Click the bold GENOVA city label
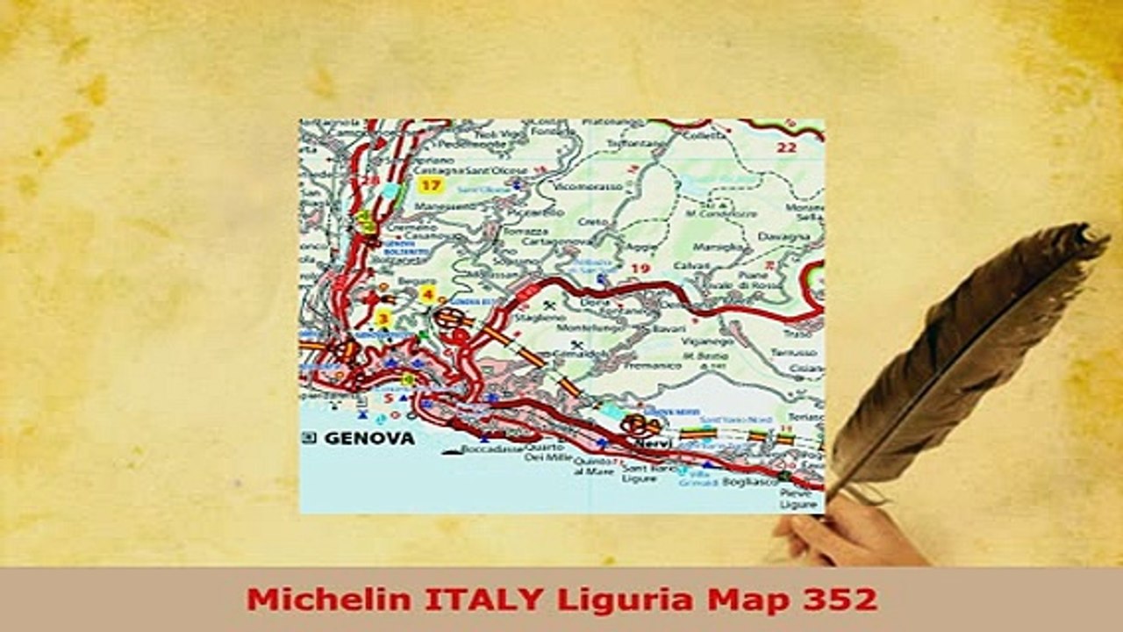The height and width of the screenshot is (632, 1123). click(x=369, y=437)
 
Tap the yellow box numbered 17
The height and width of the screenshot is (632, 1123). click(x=429, y=184)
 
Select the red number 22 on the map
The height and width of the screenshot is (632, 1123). click(x=786, y=147)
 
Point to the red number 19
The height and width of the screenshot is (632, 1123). click(x=640, y=269)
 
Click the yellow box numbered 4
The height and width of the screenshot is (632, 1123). click(x=427, y=294)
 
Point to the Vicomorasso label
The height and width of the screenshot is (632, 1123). click(x=588, y=187)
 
